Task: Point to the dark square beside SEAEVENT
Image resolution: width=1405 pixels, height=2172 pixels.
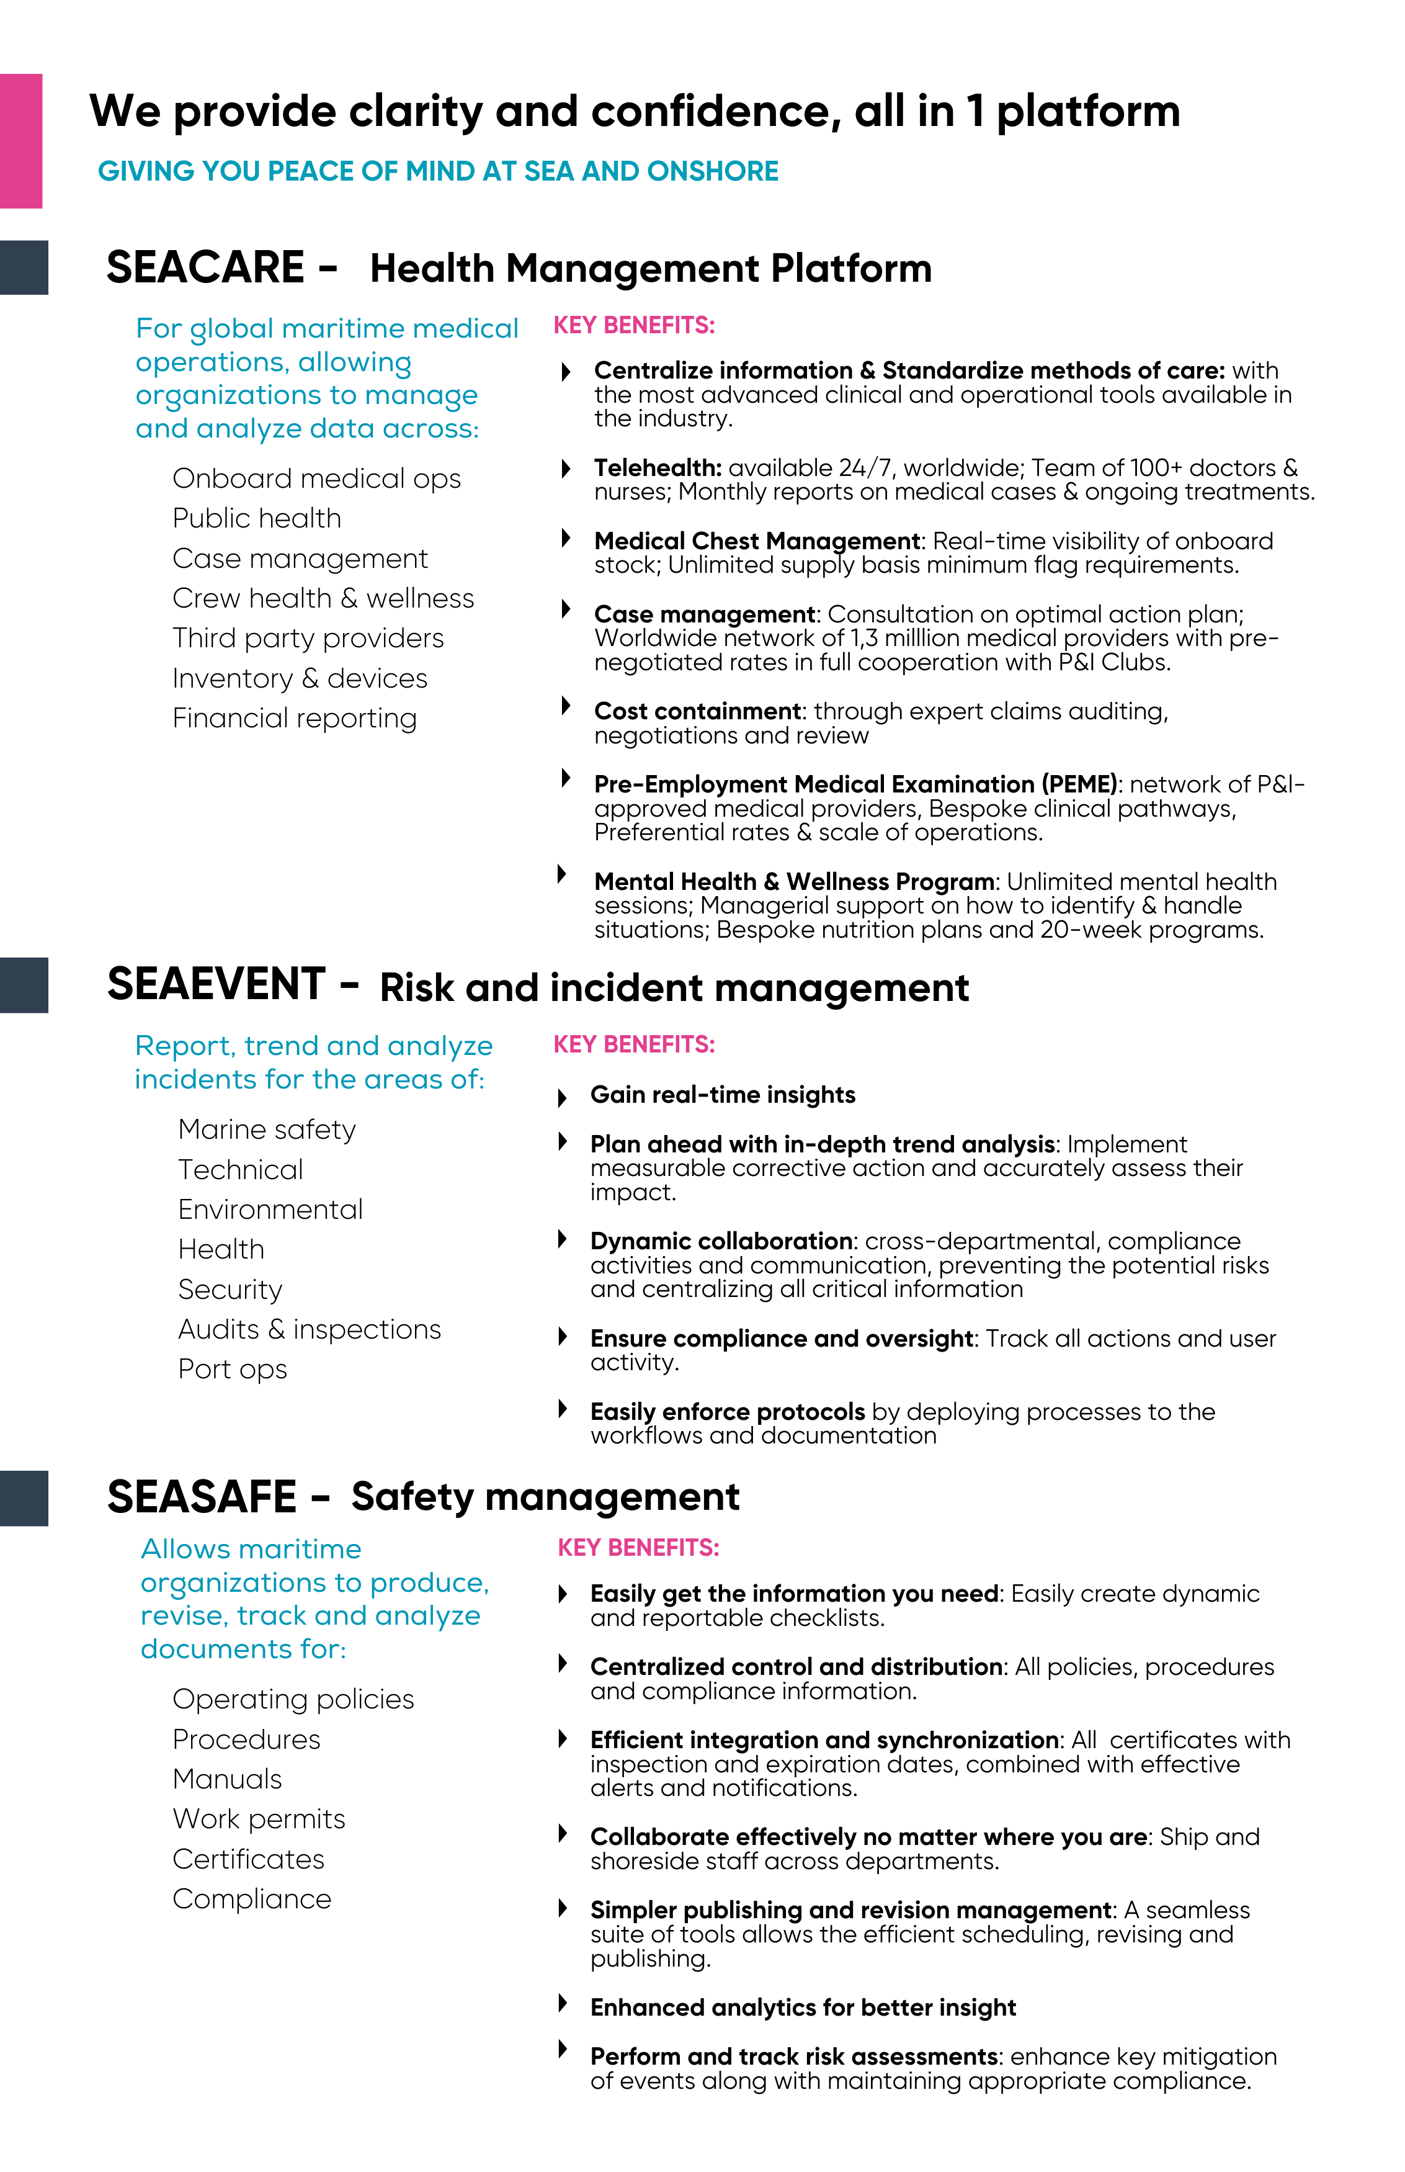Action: pos(24,985)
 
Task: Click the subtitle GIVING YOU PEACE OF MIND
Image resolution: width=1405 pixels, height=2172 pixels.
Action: pos(438,171)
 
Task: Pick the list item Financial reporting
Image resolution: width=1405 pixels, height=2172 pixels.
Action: pos(294,718)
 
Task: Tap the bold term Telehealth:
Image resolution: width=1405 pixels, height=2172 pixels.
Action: pos(657,468)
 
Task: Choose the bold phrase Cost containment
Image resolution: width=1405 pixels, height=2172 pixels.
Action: pos(697,711)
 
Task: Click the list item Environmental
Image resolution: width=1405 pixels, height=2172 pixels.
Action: pos(270,1209)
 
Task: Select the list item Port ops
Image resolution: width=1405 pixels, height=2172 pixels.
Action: pos(232,1369)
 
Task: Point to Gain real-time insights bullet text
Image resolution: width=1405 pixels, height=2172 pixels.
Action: pos(723,1095)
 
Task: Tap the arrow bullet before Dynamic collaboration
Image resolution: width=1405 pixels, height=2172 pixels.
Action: pos(563,1239)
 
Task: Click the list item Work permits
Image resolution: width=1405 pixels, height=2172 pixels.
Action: pos(259,1819)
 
